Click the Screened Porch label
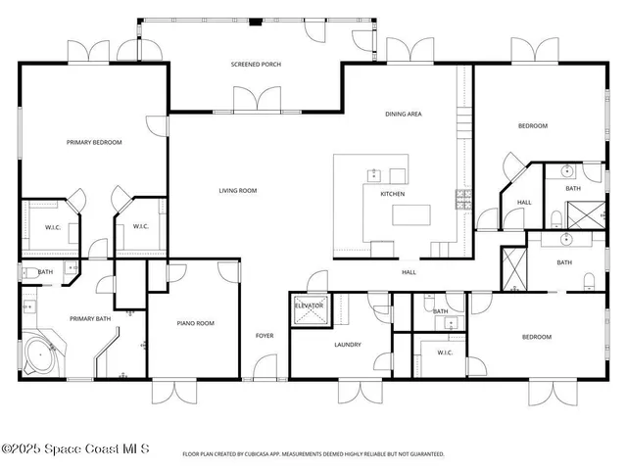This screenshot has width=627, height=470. click(x=256, y=65)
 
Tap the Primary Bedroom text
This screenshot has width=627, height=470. click(x=94, y=143)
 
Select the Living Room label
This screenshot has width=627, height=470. click(x=237, y=191)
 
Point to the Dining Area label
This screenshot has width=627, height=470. click(x=403, y=115)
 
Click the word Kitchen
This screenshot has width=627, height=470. click(x=392, y=194)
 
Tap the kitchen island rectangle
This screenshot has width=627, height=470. click(x=411, y=213)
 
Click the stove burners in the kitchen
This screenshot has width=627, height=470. click(x=462, y=199)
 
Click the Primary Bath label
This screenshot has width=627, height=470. click(x=88, y=318)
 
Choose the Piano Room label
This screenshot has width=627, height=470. click(x=195, y=323)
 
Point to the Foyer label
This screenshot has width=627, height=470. click(x=265, y=336)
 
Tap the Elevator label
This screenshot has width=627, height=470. click(x=310, y=306)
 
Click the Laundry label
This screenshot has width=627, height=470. click(x=348, y=345)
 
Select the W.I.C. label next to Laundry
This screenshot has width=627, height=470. click(x=444, y=352)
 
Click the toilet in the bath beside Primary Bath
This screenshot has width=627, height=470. click(x=28, y=274)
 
